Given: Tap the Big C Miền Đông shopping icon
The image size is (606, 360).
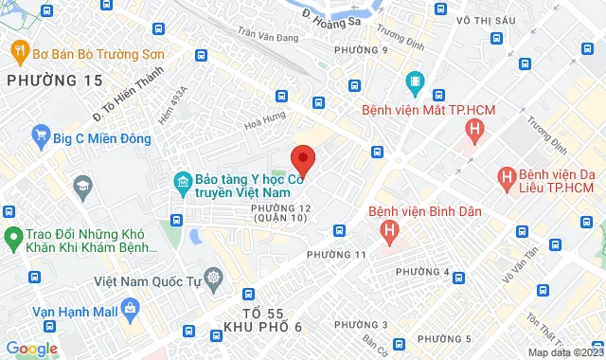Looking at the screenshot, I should [40, 135].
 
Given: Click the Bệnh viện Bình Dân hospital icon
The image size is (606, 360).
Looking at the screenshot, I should [387, 229].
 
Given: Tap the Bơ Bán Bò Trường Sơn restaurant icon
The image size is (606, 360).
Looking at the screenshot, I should [17, 52].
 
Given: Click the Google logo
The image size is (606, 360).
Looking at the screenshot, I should [30, 348].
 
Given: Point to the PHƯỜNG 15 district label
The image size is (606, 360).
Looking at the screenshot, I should [54, 81].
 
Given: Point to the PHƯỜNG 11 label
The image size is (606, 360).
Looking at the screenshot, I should [336, 255].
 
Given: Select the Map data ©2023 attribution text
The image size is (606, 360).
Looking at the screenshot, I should [564, 352].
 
